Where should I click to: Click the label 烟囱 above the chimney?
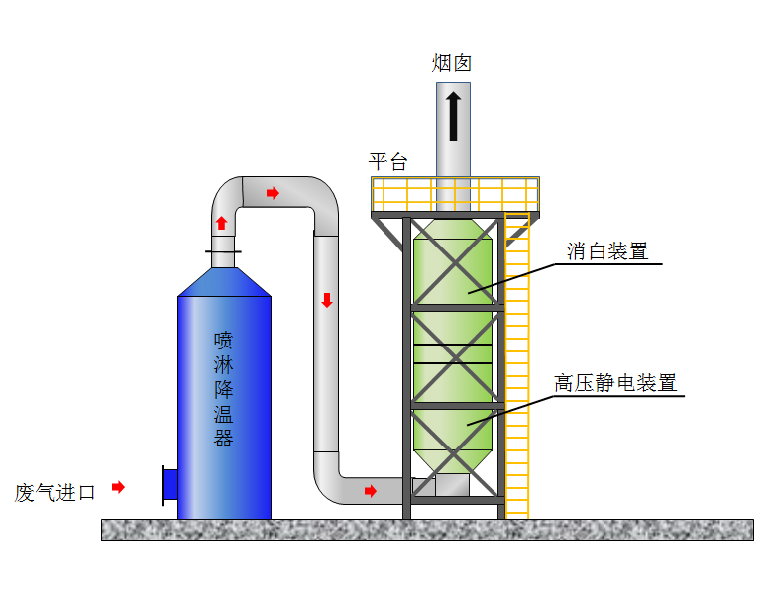point(451,64)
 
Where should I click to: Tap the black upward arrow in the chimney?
point(453,116)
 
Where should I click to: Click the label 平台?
point(387,162)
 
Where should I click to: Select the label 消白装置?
point(606,251)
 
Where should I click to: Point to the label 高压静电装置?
point(615,383)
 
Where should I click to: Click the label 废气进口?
point(55,492)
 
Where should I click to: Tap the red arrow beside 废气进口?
point(118,487)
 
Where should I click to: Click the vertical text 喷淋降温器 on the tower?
point(223,389)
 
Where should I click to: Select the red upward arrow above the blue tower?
point(222,223)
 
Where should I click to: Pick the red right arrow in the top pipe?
point(273,192)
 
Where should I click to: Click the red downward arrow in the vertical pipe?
point(326,300)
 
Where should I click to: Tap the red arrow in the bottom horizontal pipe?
point(370,491)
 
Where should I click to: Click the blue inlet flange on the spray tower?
point(169,485)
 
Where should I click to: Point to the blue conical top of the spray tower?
point(224,282)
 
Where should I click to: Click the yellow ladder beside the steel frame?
point(516,376)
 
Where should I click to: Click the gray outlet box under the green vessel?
point(452,484)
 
